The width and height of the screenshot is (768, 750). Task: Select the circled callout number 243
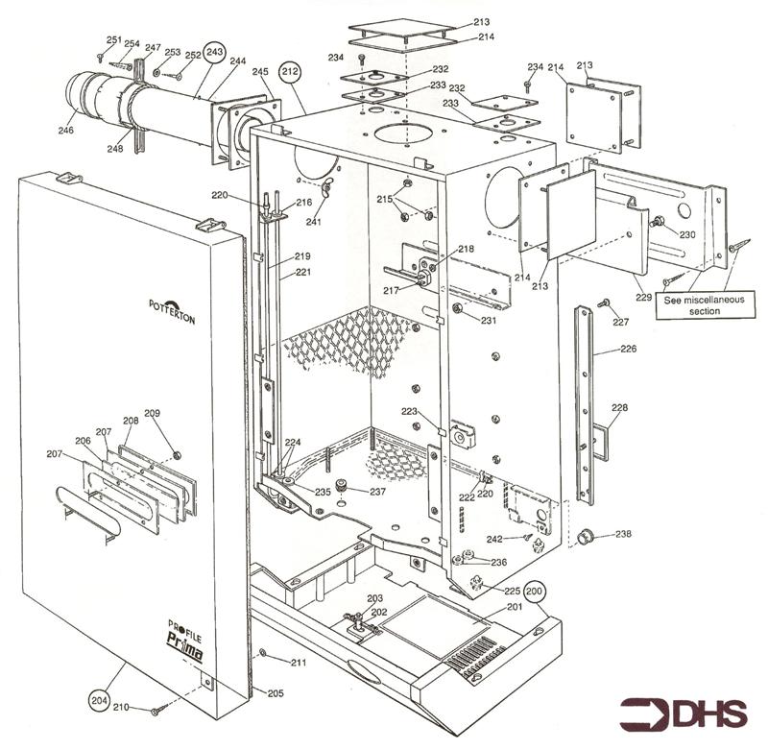pyautogui.click(x=215, y=51)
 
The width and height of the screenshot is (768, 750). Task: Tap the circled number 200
pyautogui.click(x=534, y=592)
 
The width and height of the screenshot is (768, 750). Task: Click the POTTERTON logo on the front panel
pyautogui.click(x=172, y=311)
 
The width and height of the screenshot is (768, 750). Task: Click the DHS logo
pyautogui.click(x=683, y=714)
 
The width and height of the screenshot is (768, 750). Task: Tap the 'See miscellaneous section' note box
pyautogui.click(x=705, y=305)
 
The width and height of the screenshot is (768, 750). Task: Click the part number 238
pyautogui.click(x=624, y=534)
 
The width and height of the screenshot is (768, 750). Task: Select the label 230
pyautogui.click(x=687, y=234)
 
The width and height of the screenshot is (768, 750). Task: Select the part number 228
pyautogui.click(x=619, y=408)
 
